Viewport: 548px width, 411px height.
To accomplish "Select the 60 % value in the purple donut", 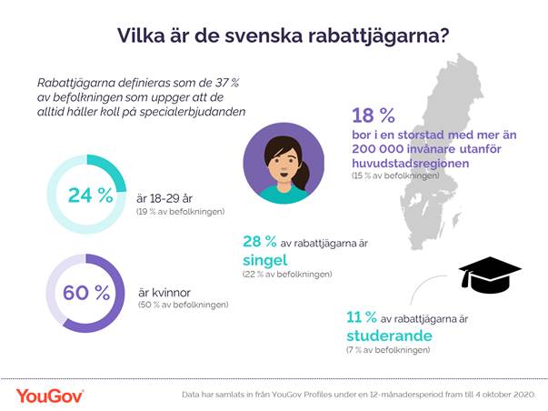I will (x=86, y=293).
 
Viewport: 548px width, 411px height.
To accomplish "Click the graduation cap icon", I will (x=489, y=273).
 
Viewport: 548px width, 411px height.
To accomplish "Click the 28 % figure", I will (x=261, y=241).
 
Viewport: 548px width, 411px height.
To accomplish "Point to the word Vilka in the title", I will (x=141, y=35).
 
